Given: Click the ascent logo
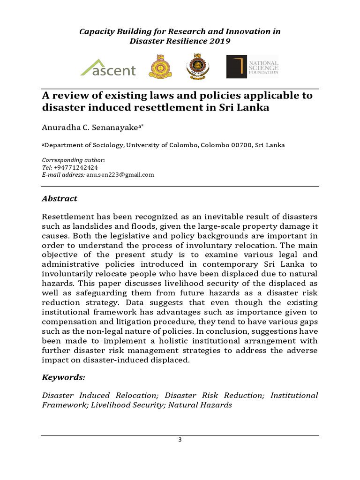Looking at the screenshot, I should (x=108, y=68).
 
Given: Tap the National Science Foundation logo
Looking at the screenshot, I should (x=253, y=67).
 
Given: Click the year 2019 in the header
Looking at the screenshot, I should (x=219, y=42).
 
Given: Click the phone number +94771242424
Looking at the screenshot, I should (x=76, y=167).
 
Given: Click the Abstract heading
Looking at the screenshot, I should (x=60, y=198).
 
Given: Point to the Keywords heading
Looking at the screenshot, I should (x=64, y=377).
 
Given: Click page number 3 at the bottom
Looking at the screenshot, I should (x=180, y=439).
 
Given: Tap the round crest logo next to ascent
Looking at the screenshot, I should (x=157, y=67).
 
